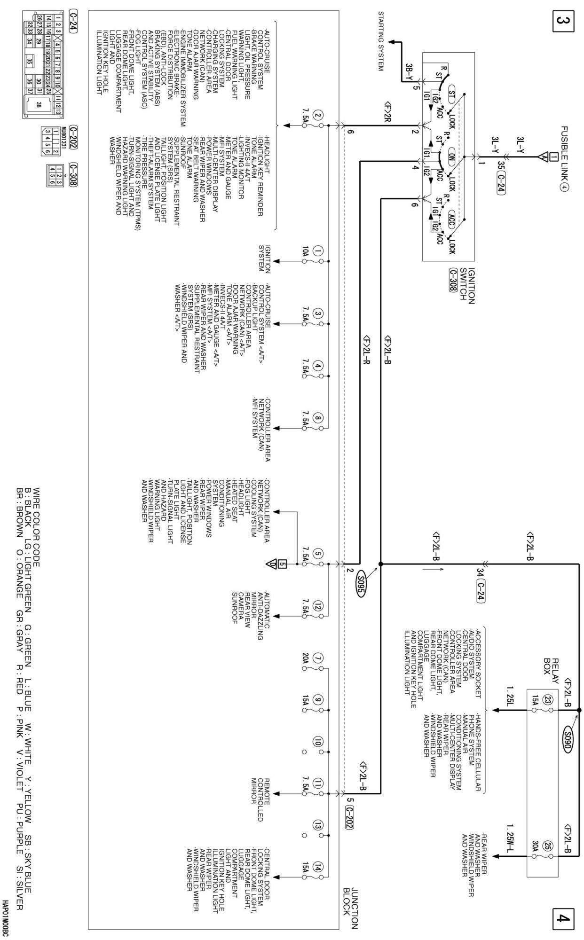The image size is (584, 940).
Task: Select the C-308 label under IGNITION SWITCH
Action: click(453, 280)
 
